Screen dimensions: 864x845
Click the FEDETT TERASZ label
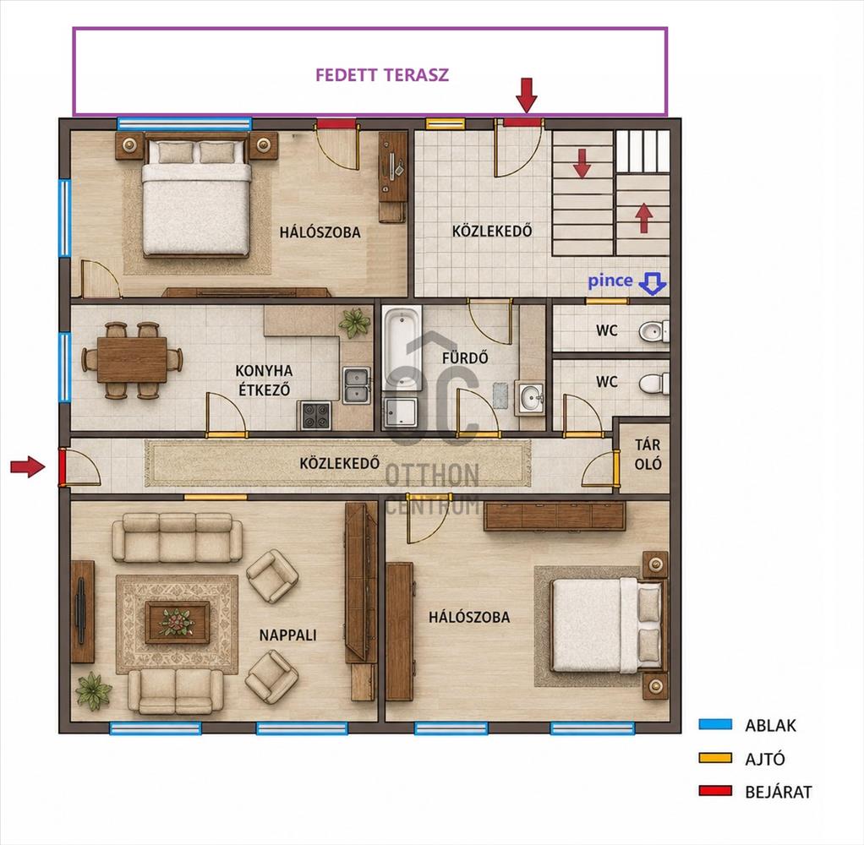[x=382, y=75]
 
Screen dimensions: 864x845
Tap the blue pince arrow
[x=653, y=284]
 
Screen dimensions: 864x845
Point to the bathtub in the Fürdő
[x=402, y=350]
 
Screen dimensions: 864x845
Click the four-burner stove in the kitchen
[x=316, y=416]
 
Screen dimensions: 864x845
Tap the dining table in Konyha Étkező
[x=132, y=360]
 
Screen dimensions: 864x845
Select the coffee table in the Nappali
[x=177, y=622]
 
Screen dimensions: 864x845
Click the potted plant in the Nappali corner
[x=93, y=690]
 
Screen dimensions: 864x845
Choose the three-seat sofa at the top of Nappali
[x=177, y=537]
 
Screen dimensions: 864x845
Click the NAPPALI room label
[x=287, y=635]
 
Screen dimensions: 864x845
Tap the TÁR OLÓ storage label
[x=648, y=455]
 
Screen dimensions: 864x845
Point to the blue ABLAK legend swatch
[x=715, y=724]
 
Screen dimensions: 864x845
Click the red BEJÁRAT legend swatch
[x=715, y=791]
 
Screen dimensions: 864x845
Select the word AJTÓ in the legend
[x=765, y=759]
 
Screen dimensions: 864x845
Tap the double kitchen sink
[x=357, y=385]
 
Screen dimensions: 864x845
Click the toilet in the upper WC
[x=654, y=331]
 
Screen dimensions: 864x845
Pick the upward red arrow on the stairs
[x=643, y=218]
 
